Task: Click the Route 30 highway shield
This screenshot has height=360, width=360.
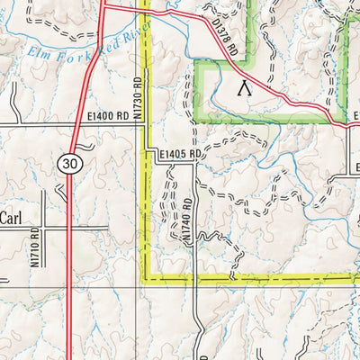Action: coord(68,162)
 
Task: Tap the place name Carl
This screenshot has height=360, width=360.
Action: coord(10,218)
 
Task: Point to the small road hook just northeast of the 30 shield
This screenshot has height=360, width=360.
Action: coord(83,147)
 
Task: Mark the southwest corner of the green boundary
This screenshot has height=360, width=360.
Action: coord(198,121)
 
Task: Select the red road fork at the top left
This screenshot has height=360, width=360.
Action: coord(103,7)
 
